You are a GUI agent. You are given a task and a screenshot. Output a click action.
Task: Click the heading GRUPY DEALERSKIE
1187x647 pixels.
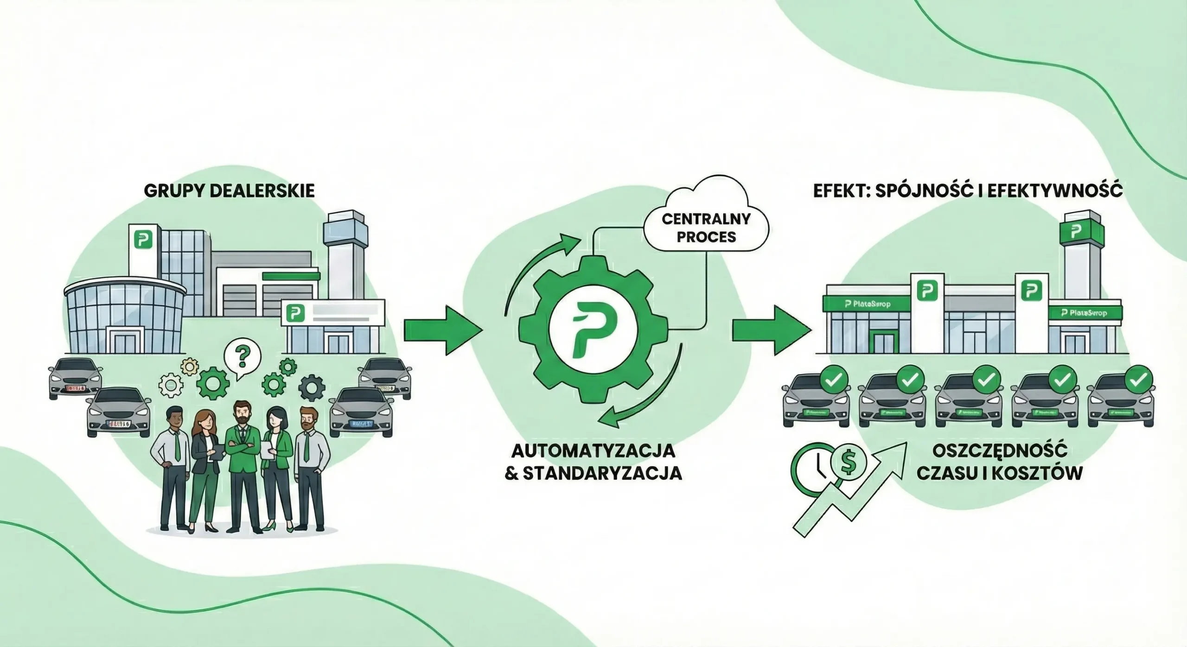pos(229,191)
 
